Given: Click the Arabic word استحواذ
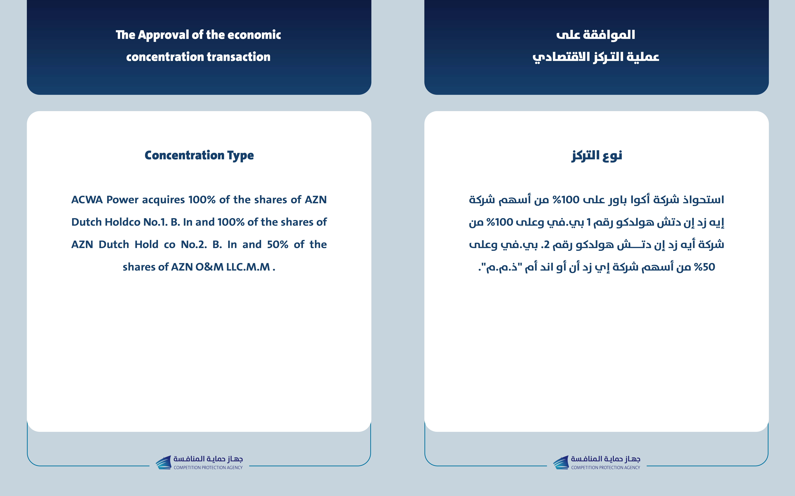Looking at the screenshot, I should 703,200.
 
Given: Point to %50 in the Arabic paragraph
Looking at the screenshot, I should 704,267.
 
